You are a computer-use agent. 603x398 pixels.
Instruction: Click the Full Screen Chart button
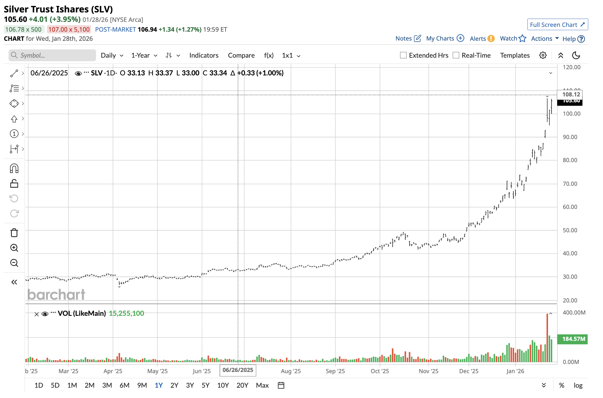557,25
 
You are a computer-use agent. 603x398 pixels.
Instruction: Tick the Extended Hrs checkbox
403,55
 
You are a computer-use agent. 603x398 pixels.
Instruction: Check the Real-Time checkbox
456,55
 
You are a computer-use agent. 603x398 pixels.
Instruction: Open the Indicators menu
204,55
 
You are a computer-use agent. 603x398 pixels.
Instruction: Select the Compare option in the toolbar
241,55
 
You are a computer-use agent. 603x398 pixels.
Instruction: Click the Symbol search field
52,55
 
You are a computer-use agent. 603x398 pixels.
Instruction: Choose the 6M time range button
124,385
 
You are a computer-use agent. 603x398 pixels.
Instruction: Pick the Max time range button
262,385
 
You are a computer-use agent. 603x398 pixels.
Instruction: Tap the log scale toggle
578,385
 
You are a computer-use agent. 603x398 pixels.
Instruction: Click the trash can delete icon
14,233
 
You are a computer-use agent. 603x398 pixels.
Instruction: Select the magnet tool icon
14,169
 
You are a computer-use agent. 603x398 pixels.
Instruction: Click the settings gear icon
543,55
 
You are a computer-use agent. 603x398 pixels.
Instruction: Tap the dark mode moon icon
576,55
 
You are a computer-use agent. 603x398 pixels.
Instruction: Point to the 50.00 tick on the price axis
570,230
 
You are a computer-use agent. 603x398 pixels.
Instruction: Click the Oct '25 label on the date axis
380,371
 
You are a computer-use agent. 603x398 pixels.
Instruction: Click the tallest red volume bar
547,337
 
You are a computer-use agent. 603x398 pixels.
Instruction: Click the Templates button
515,55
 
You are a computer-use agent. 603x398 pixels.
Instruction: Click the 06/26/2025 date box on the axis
238,370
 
